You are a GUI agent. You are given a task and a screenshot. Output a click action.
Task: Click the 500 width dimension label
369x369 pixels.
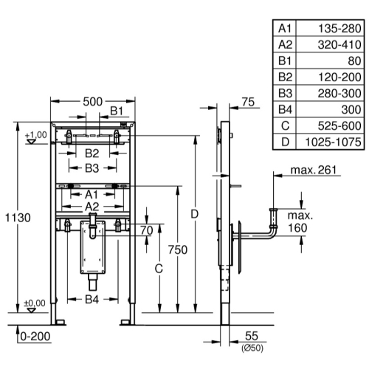(92, 102)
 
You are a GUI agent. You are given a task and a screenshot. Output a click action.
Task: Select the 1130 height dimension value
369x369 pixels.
(18, 218)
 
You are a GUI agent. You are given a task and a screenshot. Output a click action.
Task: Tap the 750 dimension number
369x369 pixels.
(178, 250)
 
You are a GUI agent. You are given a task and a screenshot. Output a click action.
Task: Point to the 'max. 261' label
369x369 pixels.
(313, 170)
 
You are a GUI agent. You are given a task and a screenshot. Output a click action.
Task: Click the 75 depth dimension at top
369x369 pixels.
(248, 102)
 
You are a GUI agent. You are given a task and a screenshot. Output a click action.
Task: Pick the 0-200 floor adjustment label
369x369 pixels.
(35, 337)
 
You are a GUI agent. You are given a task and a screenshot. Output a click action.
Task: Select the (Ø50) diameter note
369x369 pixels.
(252, 348)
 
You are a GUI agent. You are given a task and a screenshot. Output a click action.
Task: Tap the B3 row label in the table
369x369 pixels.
(285, 94)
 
